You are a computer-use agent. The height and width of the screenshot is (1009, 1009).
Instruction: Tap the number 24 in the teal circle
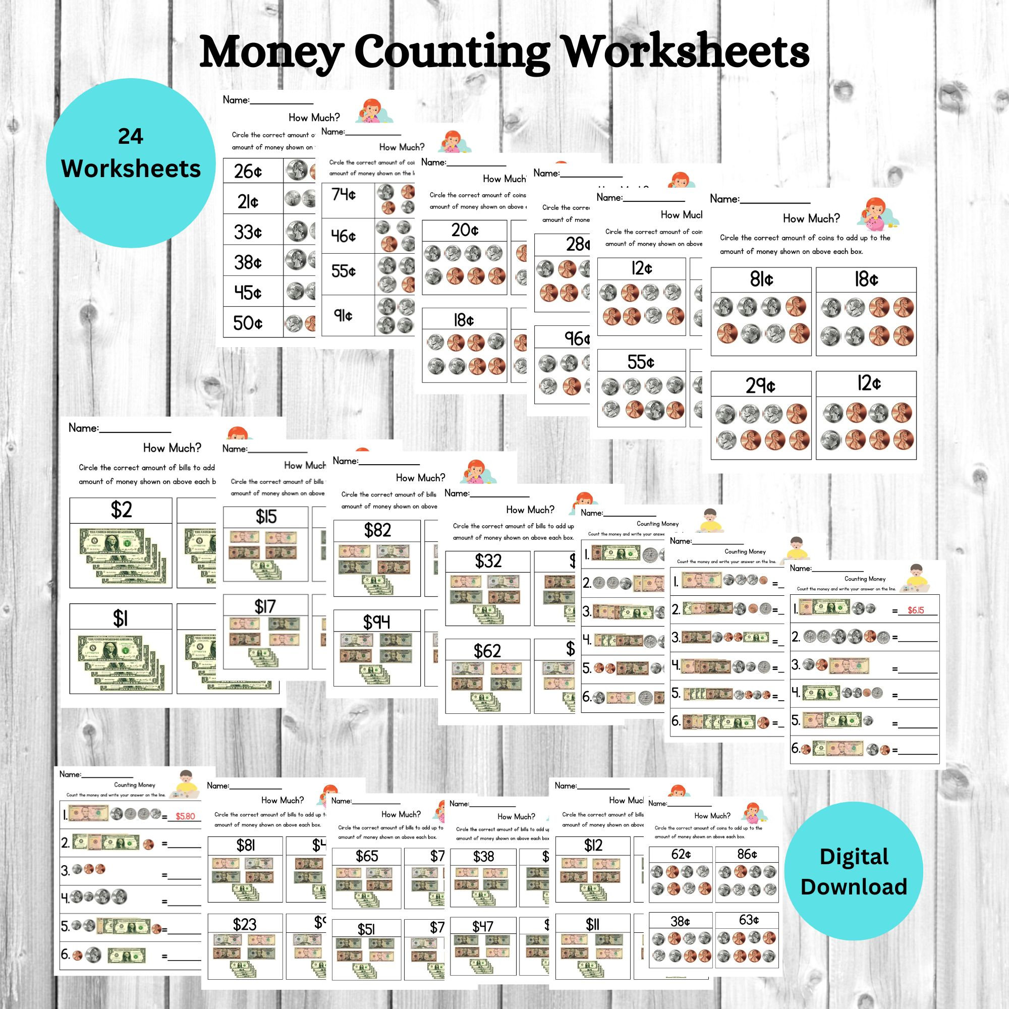[x=131, y=137]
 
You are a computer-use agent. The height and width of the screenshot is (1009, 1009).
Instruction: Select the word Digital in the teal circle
[x=854, y=857]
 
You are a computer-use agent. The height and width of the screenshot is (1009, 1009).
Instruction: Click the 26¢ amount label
[x=248, y=172]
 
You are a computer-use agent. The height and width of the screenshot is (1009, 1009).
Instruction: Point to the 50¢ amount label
[x=248, y=323]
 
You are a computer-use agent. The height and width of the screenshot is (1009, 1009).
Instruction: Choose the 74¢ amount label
[x=344, y=195]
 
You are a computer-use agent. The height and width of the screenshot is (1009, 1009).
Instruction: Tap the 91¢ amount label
[x=343, y=315]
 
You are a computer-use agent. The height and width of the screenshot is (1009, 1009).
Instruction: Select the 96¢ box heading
[x=577, y=339]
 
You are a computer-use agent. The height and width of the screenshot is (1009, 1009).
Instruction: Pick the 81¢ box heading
[x=761, y=279]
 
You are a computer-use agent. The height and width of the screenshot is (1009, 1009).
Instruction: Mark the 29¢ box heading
[x=760, y=385]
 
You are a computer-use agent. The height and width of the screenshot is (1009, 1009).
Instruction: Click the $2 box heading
[x=121, y=510]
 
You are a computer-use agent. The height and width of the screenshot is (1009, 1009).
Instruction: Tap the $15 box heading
[x=266, y=517]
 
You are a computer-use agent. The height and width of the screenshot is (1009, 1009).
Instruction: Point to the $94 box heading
[x=376, y=622]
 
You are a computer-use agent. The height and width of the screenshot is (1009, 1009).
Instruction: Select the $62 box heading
[x=487, y=651]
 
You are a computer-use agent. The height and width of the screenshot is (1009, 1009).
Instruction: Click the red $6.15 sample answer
[x=916, y=610]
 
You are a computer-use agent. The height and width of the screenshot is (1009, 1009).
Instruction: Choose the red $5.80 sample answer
[x=185, y=816]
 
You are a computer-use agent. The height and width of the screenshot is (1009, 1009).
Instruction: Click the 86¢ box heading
[x=747, y=854]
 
